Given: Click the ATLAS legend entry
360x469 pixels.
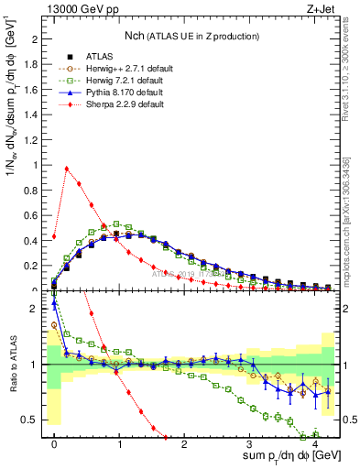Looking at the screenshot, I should [94, 57].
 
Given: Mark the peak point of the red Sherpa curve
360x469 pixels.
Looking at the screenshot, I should [66, 169].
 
